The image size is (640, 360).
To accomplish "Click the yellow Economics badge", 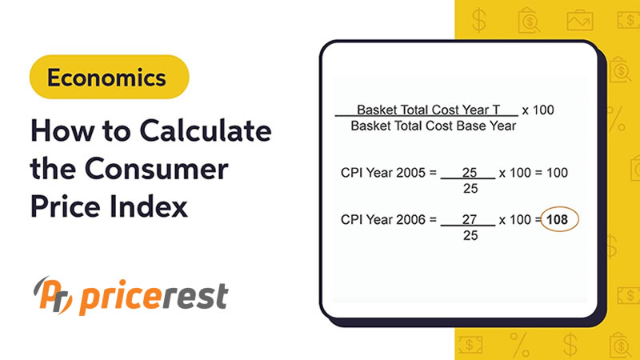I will click(106, 78).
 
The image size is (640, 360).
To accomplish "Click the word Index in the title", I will click(148, 206).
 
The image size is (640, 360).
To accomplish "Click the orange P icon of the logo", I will click(54, 296).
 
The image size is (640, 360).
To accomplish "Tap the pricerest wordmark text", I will click(153, 297).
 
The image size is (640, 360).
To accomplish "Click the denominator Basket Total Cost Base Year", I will click(434, 126).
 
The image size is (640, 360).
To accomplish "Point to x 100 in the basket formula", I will click(538, 110).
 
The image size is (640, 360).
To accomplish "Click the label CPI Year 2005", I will click(382, 172).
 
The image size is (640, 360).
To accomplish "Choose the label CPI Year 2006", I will click(382, 218).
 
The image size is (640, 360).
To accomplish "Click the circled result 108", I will click(560, 218).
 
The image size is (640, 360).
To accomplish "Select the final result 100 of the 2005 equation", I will click(557, 172).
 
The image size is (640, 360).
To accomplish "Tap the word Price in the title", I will click(66, 206).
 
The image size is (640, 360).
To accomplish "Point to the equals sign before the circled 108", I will click(537, 218).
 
